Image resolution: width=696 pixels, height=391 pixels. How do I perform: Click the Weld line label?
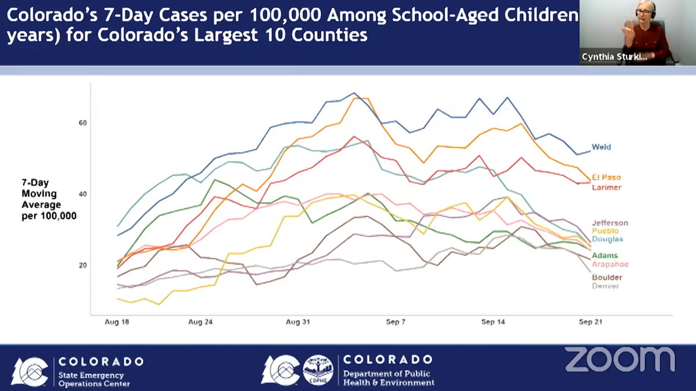click(601, 147)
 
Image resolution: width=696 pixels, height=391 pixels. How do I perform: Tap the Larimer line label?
click(606, 187)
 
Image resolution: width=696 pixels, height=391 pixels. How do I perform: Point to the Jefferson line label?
click(610, 223)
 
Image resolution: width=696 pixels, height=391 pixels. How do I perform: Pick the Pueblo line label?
click(605, 231)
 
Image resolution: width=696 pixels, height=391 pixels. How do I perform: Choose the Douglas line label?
click(607, 239)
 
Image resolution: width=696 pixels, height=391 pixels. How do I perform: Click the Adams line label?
click(604, 255)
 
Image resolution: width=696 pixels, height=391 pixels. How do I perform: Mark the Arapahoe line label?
click(610, 264)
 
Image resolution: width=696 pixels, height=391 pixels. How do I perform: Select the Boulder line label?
click(607, 277)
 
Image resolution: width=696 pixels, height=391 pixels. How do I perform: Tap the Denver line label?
click(605, 286)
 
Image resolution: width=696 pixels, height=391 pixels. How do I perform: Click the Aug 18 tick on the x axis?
click(117, 322)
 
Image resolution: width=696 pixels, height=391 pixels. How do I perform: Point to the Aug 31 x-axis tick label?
click(298, 322)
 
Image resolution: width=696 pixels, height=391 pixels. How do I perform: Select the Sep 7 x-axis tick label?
click(396, 322)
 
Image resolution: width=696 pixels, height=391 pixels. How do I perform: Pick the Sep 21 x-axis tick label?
click(590, 322)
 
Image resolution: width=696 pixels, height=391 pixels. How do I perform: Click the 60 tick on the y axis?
click(83, 123)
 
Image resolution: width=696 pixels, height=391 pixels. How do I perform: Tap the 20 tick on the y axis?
click(83, 265)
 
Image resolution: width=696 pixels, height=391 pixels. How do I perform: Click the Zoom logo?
click(619, 359)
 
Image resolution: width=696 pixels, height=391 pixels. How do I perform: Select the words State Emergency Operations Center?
click(93, 379)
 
